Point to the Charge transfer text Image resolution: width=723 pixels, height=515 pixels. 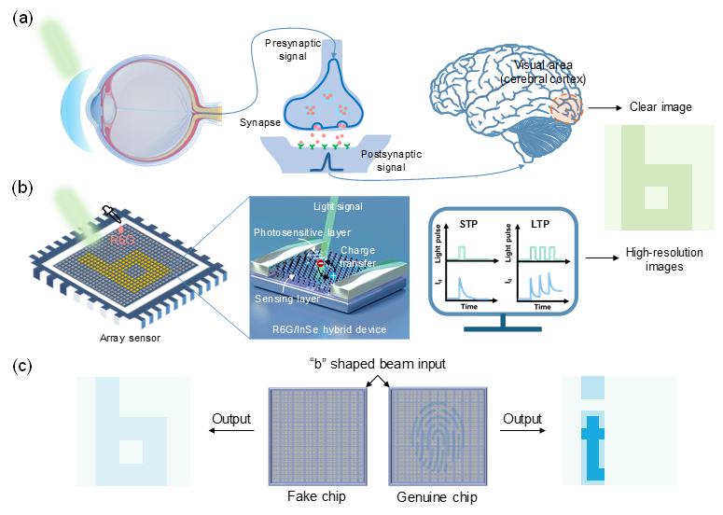click(x=358, y=257)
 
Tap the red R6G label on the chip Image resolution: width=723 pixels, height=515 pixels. click(x=122, y=240)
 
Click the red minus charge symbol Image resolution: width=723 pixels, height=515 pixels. click(x=320, y=264)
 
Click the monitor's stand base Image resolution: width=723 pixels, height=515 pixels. click(x=502, y=328)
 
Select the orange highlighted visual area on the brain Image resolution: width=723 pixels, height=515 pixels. click(x=565, y=109)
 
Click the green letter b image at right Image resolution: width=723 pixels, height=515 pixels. click(x=660, y=177)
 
